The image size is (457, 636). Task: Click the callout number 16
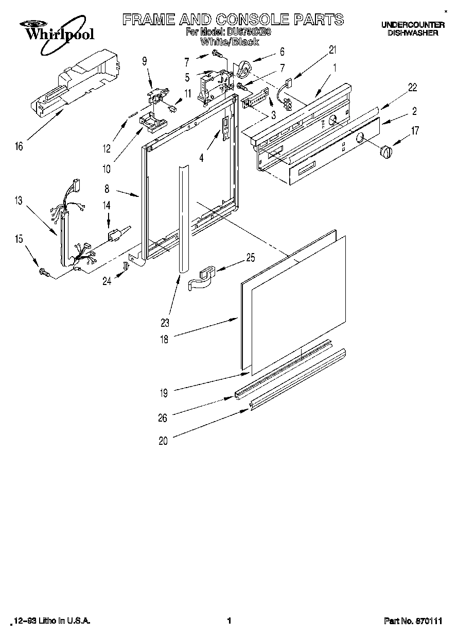pyautogui.click(x=19, y=147)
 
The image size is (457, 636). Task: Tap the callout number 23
pyautogui.click(x=165, y=324)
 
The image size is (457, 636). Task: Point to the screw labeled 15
pyautogui.click(x=43, y=273)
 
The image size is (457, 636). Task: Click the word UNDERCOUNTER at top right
pyautogui.click(x=413, y=24)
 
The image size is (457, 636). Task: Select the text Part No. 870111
pyautogui.click(x=413, y=622)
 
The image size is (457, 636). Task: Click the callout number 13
pyautogui.click(x=19, y=201)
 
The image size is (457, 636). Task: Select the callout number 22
pyautogui.click(x=413, y=88)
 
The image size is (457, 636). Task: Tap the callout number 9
pyautogui.click(x=145, y=61)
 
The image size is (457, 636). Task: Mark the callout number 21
pyautogui.click(x=332, y=50)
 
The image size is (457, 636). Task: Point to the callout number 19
pyautogui.click(x=163, y=393)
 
